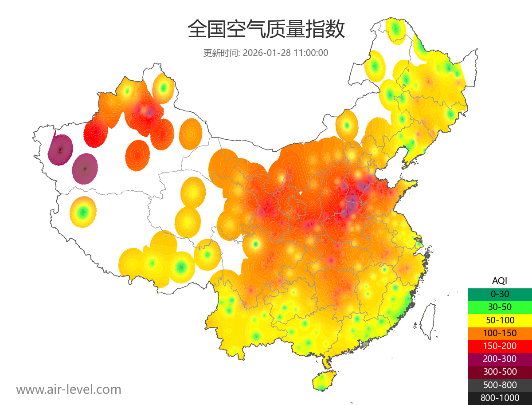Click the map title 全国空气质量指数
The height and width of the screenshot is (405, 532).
(266, 29)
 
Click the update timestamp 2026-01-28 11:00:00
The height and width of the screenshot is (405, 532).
(286, 53)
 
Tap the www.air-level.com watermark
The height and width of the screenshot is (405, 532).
(69, 389)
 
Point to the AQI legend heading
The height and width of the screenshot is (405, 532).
(500, 281)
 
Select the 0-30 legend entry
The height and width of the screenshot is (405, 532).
(500, 294)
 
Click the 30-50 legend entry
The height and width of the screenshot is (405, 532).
(500, 307)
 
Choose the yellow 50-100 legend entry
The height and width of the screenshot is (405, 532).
(500, 320)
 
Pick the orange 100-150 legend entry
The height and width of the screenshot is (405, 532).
(500, 333)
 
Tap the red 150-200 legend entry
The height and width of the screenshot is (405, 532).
(500, 346)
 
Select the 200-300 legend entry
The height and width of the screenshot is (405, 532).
(500, 359)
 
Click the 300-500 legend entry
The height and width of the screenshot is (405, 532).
(500, 372)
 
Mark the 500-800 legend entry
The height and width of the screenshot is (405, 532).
(500, 385)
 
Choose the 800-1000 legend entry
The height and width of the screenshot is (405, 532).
(500, 398)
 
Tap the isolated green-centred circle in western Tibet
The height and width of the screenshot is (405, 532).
(82, 212)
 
